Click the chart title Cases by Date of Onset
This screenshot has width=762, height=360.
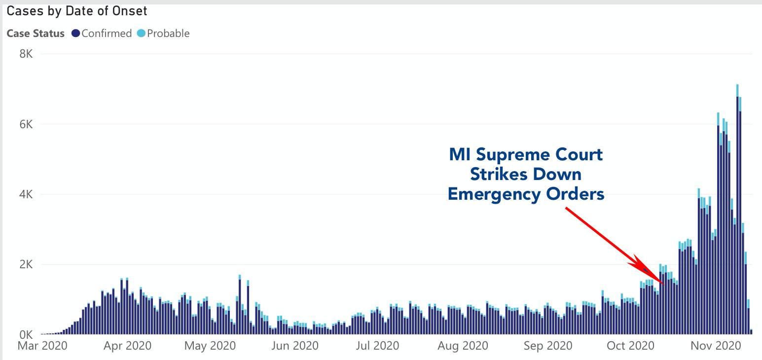[77, 11]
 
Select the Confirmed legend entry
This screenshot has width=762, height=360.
[102, 34]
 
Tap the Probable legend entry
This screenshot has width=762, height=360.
[164, 34]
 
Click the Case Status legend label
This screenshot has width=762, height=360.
[36, 34]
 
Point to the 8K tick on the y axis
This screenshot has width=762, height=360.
[26, 54]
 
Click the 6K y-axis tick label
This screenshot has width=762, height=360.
[26, 124]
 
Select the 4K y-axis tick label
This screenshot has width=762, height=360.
[26, 194]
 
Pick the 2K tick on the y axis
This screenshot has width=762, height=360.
[26, 264]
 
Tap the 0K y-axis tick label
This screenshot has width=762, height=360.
[26, 334]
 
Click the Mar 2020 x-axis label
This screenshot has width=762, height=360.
[42, 346]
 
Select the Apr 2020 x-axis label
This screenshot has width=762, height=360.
[127, 346]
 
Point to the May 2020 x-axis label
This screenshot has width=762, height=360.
[210, 346]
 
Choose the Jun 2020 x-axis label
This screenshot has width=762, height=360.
[295, 346]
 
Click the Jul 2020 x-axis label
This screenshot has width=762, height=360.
[377, 346]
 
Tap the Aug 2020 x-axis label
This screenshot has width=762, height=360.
[463, 346]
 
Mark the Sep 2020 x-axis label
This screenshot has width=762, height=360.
[547, 346]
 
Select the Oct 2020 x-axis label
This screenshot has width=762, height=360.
[630, 346]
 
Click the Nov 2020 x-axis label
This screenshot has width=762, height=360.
[716, 346]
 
